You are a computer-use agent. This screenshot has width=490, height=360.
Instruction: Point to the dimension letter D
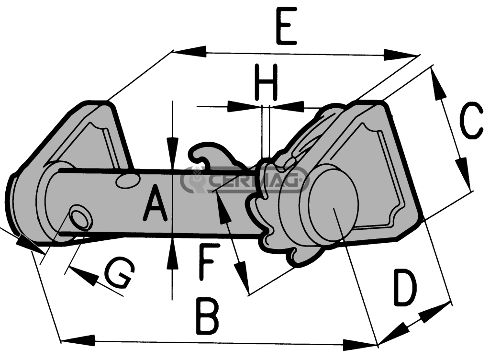coord(404,288)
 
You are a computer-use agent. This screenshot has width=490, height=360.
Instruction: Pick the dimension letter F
coord(209,261)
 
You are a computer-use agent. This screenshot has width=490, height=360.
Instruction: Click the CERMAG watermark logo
coord(244,180)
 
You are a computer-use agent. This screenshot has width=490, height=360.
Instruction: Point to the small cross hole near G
coord(80,218)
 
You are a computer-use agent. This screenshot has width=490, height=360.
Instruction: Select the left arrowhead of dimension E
coord(189,51)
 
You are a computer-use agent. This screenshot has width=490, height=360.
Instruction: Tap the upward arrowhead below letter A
coord(172,249)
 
